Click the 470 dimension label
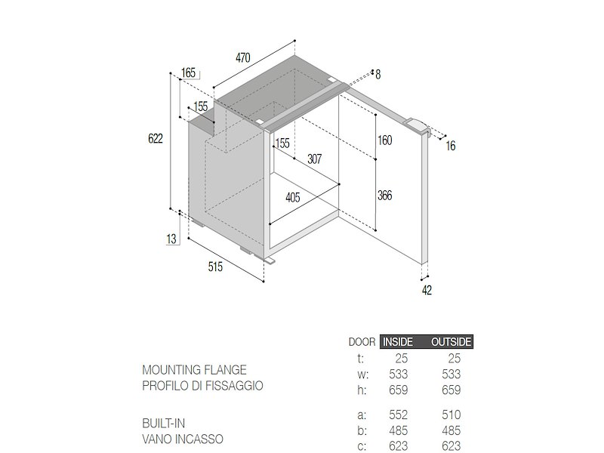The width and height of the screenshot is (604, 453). point(242,58)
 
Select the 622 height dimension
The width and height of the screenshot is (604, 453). point(156,139)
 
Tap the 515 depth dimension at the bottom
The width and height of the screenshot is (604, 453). point(215,267)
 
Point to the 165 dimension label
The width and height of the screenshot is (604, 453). point(188,72)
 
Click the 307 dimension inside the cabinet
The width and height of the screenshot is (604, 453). point(314,159)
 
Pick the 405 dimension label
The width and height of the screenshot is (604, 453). point(293,198)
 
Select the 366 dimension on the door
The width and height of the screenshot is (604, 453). point(385,196)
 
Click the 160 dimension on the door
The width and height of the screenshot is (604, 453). point(385,140)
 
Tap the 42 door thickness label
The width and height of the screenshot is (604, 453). point(427,290)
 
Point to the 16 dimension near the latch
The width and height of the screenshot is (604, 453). point(451,146)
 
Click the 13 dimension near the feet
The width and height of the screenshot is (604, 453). point(171,239)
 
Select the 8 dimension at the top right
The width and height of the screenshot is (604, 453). point(378,74)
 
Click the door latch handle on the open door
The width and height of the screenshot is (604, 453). point(417,126)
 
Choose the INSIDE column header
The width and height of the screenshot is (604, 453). point(398,342)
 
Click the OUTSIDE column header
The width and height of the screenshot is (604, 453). point(451,342)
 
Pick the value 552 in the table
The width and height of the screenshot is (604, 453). point(399,414)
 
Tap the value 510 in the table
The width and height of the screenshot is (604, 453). point(451,414)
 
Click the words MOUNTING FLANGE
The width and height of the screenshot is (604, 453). point(194,370)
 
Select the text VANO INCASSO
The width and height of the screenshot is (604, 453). point(183,439)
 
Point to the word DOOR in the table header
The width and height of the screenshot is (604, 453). point(362,342)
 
